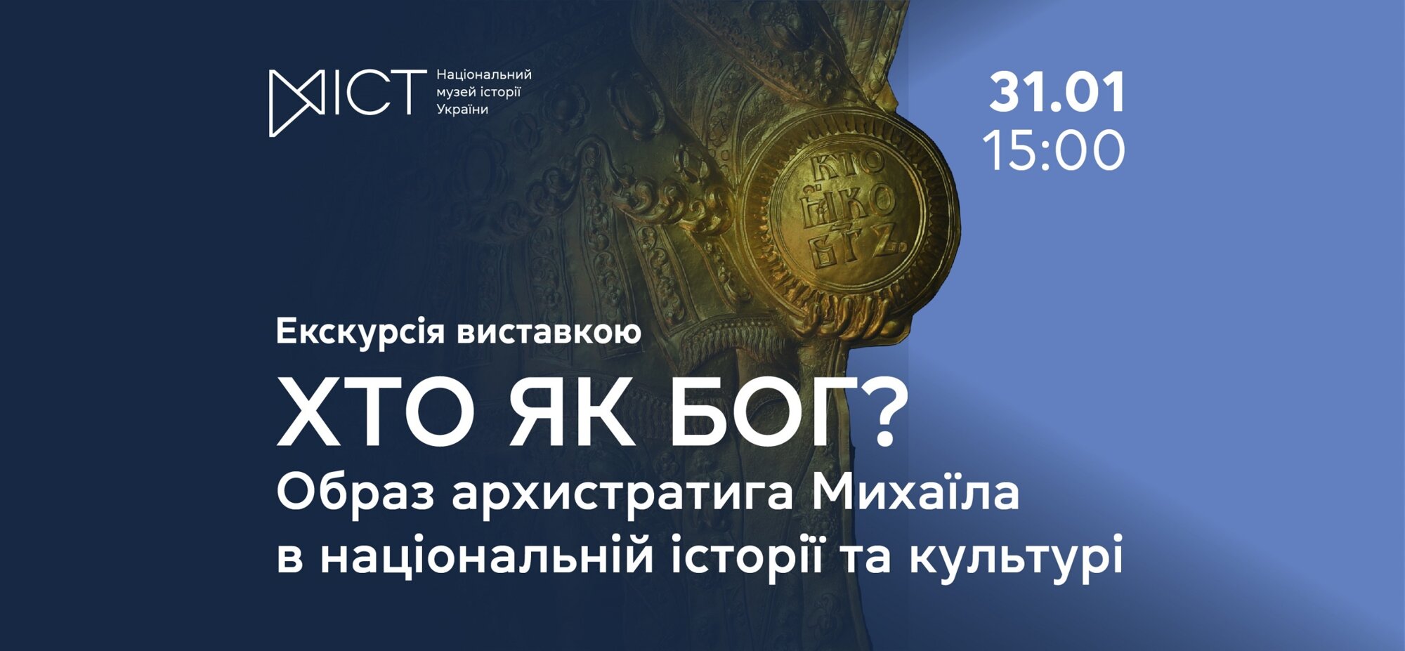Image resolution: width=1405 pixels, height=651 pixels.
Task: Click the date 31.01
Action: tap(1057, 92)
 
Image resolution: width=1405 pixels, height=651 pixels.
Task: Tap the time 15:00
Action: tap(1054, 150)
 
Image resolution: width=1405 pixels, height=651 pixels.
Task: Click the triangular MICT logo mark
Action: tap(296, 103)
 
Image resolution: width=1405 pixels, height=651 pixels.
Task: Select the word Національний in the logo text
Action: tap(484, 74)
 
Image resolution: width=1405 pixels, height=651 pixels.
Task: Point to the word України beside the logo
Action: tap(462, 110)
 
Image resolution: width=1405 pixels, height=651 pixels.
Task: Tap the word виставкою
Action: tap(549, 332)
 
